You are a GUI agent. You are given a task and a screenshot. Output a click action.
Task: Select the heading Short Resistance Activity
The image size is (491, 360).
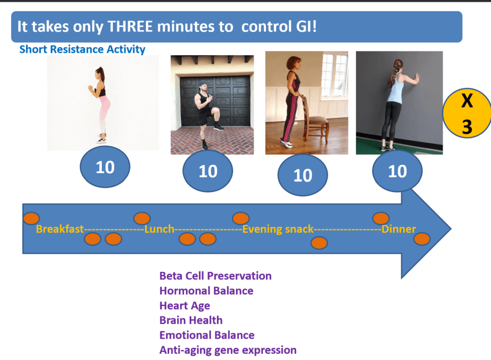click(82, 49)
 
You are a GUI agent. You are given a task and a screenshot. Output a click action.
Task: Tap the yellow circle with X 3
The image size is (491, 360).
click(467, 114)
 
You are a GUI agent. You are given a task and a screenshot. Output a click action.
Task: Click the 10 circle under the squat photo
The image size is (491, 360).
click(105, 167)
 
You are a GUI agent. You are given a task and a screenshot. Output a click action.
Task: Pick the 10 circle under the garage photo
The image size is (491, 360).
click(208, 171)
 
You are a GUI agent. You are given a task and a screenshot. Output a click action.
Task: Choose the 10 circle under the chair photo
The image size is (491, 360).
click(302, 175)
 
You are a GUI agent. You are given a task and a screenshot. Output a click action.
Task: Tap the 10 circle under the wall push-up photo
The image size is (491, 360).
click(397, 171)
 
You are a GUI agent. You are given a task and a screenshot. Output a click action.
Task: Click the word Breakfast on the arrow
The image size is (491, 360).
click(60, 229)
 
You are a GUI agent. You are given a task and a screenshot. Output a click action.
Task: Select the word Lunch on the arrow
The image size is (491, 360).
click(159, 229)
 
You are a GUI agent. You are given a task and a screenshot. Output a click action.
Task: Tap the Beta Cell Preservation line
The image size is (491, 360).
click(215, 276)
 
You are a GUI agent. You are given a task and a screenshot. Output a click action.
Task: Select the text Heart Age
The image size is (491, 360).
click(185, 306)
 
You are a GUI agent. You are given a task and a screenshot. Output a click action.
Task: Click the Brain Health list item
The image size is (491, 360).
click(191, 320)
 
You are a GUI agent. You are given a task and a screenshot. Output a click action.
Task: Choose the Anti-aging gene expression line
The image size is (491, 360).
click(228, 350)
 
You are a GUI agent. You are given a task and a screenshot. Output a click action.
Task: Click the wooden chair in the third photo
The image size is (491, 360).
click(315, 120)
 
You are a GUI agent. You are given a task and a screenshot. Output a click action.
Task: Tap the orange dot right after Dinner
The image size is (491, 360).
click(422, 238)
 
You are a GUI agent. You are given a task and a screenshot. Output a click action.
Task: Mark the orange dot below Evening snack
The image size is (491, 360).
click(319, 243)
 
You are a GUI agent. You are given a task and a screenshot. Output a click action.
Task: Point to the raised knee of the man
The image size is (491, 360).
click(214, 111)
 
